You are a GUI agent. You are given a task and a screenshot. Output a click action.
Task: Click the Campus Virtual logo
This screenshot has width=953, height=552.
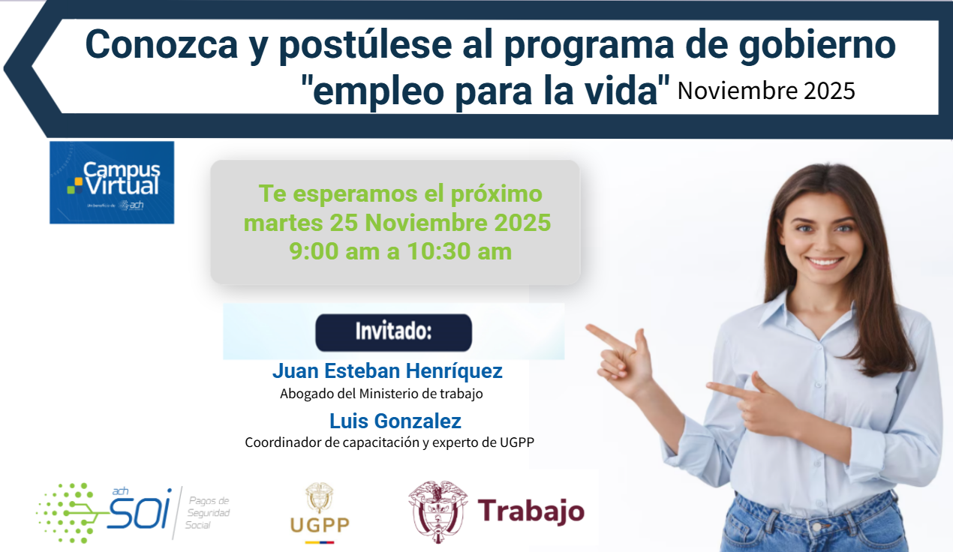click(x=112, y=182)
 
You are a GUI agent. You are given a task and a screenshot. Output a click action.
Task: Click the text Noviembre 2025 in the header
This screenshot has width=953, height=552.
click(x=765, y=91)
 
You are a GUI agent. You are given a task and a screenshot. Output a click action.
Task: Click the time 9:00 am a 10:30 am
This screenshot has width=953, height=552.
click(x=401, y=250)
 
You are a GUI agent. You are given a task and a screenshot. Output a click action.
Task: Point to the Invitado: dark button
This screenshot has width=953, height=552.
click(x=393, y=332)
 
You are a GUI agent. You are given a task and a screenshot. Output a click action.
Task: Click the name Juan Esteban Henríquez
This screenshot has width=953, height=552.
click(x=387, y=371)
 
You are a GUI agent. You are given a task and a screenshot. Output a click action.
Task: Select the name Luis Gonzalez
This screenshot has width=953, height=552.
click(x=395, y=421)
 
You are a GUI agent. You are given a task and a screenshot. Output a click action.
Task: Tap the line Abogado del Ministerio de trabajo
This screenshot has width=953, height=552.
click(x=381, y=393)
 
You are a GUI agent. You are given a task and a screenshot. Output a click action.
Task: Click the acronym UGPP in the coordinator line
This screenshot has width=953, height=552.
click(x=516, y=442)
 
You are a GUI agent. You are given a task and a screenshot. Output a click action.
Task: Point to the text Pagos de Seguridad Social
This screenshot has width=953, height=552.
click(x=209, y=512)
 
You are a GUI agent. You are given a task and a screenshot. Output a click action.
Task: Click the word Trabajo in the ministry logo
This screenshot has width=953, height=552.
click(x=531, y=511)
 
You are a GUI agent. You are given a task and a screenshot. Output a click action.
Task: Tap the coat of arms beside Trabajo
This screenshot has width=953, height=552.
click(x=437, y=511)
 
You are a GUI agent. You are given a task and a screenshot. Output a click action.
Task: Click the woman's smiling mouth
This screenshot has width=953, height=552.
click(x=825, y=262)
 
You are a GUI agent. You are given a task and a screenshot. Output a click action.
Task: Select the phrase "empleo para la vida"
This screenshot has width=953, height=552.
click(x=484, y=91)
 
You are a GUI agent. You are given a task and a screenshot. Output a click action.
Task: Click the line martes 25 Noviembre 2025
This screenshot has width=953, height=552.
click(x=398, y=223)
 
